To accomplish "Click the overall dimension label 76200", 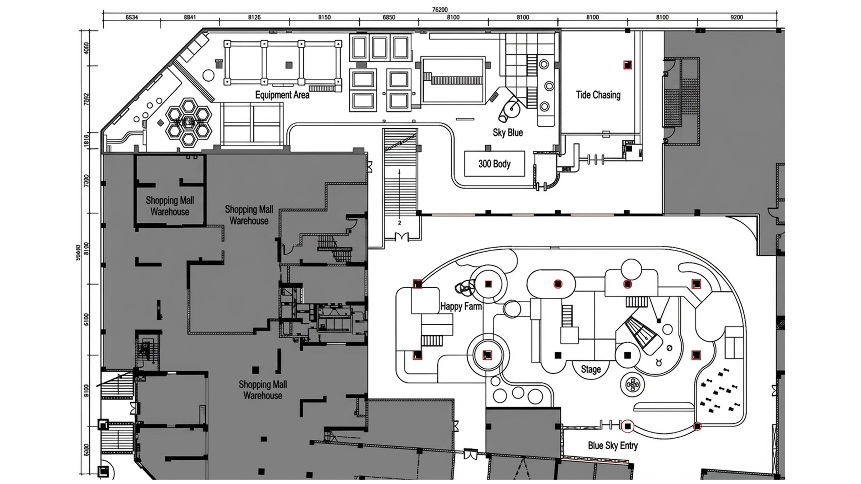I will point(440,10).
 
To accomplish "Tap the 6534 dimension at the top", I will point(132,17).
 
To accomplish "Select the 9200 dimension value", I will point(737,17).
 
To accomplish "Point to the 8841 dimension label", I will point(190,17).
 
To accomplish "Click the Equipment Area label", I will point(282,95).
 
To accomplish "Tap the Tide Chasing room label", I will point(598,95).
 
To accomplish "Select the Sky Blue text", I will point(508,133).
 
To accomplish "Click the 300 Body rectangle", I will point(494,164).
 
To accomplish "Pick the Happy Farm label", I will point(461,307).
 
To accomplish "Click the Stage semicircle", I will point(591,369).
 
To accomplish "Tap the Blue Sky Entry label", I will point(612,446).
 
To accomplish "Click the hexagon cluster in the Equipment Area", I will point(189,122).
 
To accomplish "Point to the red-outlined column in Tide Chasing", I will point(627,65).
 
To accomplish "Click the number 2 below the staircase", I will point(400,223).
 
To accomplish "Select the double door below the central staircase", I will point(402,237).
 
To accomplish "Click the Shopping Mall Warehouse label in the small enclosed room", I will point(170,206).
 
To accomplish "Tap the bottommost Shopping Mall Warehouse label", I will point(263,390).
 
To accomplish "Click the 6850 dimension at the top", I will point(389,17).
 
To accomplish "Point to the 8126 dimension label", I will point(254,17).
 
